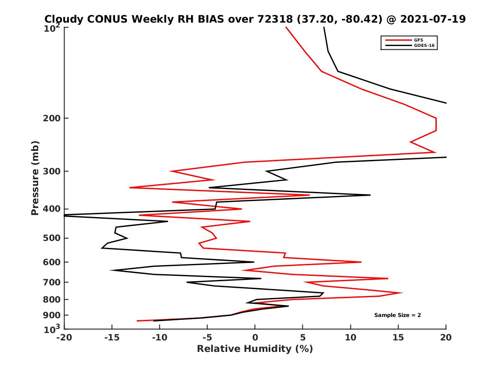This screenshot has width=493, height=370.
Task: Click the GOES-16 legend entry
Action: click(x=424, y=46)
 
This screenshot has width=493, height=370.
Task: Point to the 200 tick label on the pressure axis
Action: click(x=52, y=118)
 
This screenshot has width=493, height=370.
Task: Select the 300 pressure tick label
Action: click(x=52, y=171)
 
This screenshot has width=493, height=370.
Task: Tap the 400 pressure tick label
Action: click(x=52, y=209)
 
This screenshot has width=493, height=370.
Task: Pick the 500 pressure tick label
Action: click(x=52, y=238)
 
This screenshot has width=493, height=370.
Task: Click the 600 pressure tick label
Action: click(x=52, y=262)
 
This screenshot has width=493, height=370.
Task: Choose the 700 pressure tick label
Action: click(x=52, y=282)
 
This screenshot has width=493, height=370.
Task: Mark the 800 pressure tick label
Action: click(x=52, y=299)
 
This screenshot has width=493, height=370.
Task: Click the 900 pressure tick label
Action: click(x=52, y=315)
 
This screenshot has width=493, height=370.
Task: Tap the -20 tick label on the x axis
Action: click(x=64, y=338)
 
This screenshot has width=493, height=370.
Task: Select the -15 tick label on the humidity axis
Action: click(x=111, y=338)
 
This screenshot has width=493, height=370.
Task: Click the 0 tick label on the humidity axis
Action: click(x=255, y=338)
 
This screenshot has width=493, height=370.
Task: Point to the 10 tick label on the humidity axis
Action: click(x=350, y=338)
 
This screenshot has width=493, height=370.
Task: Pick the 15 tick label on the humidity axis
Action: click(x=398, y=338)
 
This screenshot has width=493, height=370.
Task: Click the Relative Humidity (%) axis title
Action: click(x=255, y=349)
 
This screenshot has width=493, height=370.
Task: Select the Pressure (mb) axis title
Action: click(x=35, y=178)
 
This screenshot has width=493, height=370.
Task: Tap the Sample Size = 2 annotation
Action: click(x=397, y=315)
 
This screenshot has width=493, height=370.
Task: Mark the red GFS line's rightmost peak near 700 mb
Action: click(x=402, y=293)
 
